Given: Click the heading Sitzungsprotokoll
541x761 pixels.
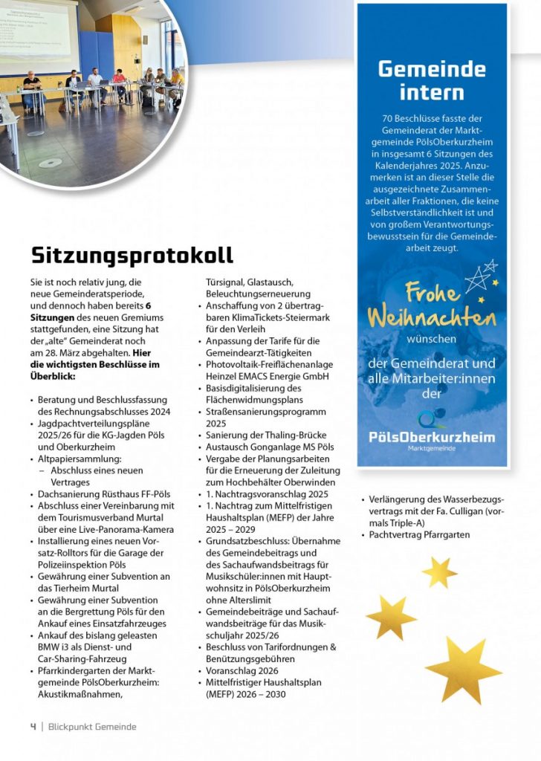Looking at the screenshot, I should [x=132, y=255].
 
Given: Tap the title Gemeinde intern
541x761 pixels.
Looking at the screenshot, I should [x=431, y=80].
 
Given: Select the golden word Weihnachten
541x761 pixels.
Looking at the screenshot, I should [x=431, y=318].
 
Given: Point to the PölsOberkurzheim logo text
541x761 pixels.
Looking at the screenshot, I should [x=431, y=437].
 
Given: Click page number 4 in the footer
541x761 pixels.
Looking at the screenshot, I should [x=33, y=727].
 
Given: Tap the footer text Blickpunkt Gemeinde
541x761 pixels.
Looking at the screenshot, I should [x=92, y=727].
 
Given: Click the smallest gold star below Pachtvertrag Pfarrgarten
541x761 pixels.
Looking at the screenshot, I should [x=439, y=571].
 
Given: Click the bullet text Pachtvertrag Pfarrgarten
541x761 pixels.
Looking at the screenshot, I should [x=419, y=534].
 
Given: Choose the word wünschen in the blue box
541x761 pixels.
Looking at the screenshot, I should [x=431, y=340].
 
